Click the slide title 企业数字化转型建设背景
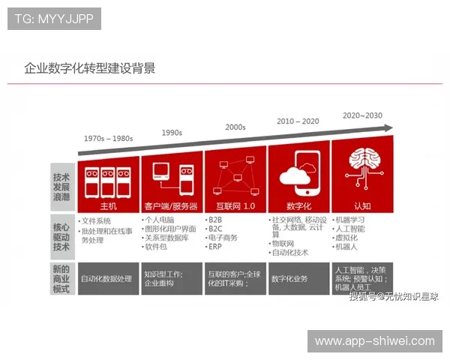[90, 69]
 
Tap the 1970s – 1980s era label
[108, 139]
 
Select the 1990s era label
[172, 133]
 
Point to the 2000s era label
[235, 127]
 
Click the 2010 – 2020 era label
[298, 121]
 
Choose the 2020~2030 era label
[362, 115]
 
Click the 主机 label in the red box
[108, 205]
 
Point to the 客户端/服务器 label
[172, 205]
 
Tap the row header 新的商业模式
[61, 278]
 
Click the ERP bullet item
[216, 247]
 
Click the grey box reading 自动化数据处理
[108, 278]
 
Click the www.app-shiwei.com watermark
[374, 341]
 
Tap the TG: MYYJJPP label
[54, 19]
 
